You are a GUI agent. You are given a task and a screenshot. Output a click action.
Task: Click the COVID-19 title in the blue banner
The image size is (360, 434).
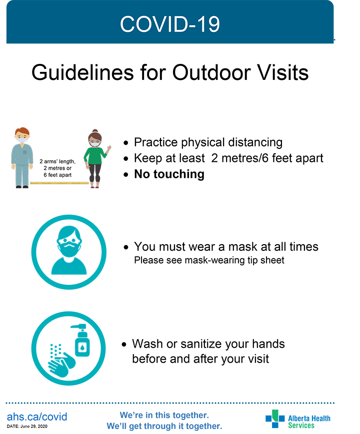pos(170,24)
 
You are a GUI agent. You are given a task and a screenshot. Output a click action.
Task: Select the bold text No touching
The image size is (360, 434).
pos(169,174)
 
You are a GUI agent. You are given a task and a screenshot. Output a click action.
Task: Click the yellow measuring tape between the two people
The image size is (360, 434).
pos(59,183)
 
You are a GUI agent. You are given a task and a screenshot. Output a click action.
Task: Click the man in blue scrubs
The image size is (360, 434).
pos(22,158)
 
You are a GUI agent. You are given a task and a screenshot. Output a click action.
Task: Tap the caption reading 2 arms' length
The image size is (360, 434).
pos(57,161)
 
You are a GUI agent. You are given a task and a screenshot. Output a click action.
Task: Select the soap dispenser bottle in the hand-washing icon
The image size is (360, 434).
pos(80,341)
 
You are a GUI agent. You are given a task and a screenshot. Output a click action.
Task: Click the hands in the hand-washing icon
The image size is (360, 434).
pos(61,364)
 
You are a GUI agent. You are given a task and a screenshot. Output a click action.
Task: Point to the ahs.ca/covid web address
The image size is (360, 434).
pos(37,417)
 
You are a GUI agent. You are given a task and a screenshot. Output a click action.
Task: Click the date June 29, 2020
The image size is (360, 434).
pos(34,426)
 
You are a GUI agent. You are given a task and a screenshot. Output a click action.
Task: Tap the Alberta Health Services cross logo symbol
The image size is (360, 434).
pos(275,419)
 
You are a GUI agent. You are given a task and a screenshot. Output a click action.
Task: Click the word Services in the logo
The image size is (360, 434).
pos(301,426)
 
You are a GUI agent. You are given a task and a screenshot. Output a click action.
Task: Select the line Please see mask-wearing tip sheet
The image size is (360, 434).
pos(209,260)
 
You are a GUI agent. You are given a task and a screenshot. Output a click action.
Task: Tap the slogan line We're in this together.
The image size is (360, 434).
pos(164,415)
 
